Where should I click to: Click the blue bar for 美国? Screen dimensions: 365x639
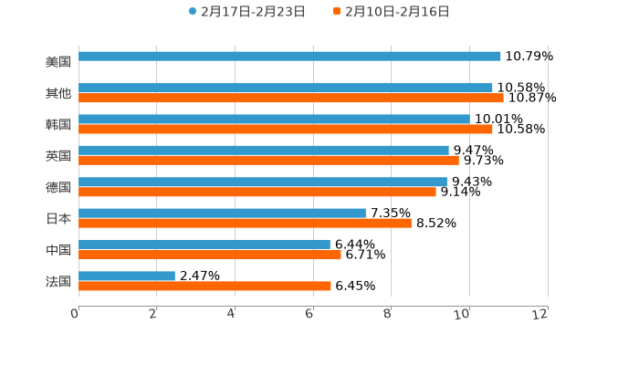pyautogui.click(x=289, y=57)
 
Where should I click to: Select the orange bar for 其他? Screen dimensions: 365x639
pyautogui.click(x=290, y=98)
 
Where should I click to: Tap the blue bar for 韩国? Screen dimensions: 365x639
pyautogui.click(x=274, y=119)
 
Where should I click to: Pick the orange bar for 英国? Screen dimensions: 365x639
pyautogui.click(x=268, y=161)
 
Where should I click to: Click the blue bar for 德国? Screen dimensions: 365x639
pyautogui.click(x=263, y=182)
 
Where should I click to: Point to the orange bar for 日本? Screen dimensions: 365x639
pyautogui.click(x=245, y=223)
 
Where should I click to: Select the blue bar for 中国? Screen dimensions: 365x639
pyautogui.click(x=204, y=245)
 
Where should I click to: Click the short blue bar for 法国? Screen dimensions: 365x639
pyautogui.click(x=127, y=276)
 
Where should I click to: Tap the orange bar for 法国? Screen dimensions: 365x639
pyautogui.click(x=204, y=286)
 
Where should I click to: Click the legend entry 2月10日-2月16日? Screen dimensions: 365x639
pyautogui.click(x=396, y=12)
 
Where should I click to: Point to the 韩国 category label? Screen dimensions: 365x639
pyautogui.click(x=58, y=124)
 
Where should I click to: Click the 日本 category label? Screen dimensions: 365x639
pyautogui.click(x=58, y=218)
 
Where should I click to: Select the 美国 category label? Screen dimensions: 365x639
pyautogui.click(x=58, y=61)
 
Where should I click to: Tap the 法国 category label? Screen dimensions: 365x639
pyautogui.click(x=58, y=281)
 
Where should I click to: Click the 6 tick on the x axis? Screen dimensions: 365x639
pyautogui.click(x=309, y=314)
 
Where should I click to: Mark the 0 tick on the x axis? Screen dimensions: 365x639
pyautogui.click(x=75, y=314)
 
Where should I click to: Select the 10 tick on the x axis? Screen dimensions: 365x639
pyautogui.click(x=464, y=314)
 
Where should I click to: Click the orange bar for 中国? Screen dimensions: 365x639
pyautogui.click(x=210, y=255)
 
